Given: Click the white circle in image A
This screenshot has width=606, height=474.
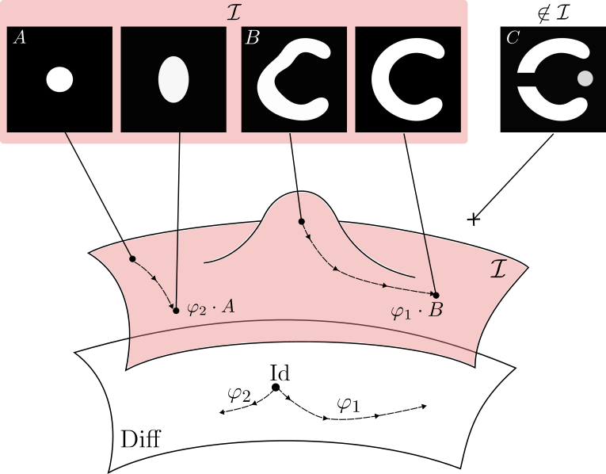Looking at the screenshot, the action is click(x=60, y=79).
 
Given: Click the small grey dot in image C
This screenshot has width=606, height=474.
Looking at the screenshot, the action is click(x=585, y=78).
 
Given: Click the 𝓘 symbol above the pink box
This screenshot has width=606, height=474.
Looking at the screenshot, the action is click(x=234, y=10).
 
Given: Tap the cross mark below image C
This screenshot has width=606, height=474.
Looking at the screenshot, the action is click(x=474, y=218).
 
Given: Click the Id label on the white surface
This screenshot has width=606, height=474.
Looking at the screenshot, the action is click(x=279, y=373).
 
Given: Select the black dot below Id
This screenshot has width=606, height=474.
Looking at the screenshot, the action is click(x=276, y=388).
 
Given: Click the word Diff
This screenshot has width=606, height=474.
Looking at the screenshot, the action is click(x=140, y=439).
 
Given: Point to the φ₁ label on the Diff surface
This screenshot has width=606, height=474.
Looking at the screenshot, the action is click(x=348, y=403).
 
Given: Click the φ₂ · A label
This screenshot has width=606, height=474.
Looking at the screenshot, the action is click(x=211, y=308).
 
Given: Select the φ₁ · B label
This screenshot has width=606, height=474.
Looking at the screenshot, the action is click(x=417, y=311).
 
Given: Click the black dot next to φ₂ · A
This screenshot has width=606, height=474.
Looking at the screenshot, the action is click(x=176, y=310).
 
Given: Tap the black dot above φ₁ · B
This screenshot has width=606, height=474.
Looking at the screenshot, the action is click(x=436, y=295).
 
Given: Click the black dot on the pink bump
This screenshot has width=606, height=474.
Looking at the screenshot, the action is click(x=301, y=221).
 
